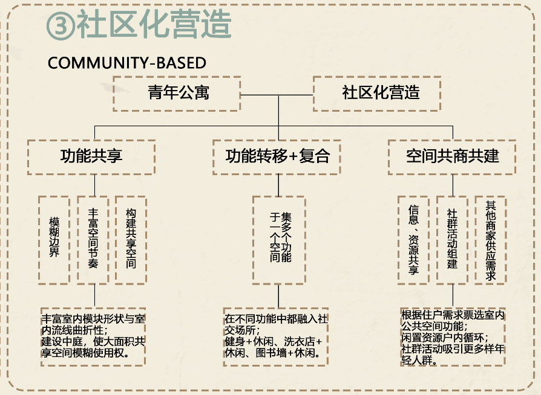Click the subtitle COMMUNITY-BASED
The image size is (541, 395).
tap(126, 63)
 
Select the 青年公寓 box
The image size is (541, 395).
tap(177, 94)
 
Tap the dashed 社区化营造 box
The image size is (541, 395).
tap(376, 94)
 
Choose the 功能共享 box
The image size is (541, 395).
tap(91, 156)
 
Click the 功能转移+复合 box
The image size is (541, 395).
tap(278, 156)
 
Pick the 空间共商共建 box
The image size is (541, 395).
tap(452, 156)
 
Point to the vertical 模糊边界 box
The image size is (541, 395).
tap(54, 239)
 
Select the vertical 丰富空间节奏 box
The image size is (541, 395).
tap(93, 239)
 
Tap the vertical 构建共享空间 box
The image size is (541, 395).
tap(131, 239)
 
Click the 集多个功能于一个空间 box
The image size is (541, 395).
tap(278, 239)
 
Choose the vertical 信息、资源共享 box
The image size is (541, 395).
tap(414, 239)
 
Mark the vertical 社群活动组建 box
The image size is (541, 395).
tap(452, 239)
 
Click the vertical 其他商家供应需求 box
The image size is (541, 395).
tap(490, 239)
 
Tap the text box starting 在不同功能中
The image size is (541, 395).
tap(275, 336)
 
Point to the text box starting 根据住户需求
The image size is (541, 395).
tap(453, 336)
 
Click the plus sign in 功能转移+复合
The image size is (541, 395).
tap(294, 157)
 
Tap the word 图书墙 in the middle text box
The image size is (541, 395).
tap(270, 353)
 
